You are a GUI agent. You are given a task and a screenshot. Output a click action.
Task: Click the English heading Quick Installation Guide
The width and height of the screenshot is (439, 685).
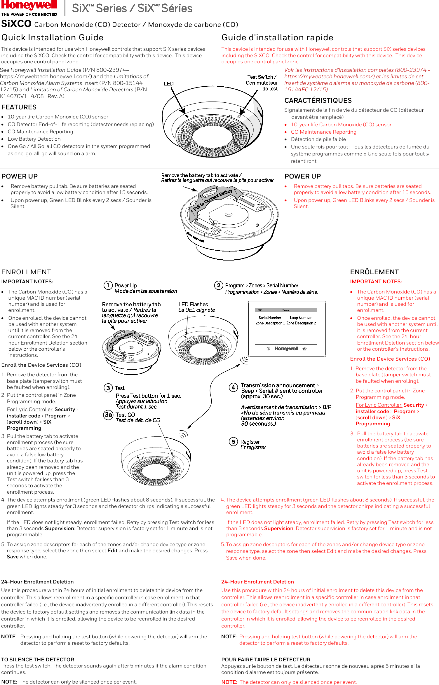pyautogui.click(x=53, y=38)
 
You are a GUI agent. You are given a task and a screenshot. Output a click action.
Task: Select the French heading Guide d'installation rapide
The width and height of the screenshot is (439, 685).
pyautogui.click(x=277, y=38)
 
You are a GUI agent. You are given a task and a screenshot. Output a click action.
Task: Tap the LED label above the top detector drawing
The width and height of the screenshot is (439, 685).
pyautogui.click(x=169, y=84)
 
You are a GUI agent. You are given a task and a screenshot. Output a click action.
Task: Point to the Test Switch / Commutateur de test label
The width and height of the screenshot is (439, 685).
pyautogui.click(x=262, y=83)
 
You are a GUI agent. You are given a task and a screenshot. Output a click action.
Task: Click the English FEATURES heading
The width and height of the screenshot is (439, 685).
pyautogui.click(x=19, y=107)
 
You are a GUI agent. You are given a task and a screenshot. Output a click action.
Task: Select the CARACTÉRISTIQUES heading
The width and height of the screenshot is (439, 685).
pyautogui.click(x=318, y=100)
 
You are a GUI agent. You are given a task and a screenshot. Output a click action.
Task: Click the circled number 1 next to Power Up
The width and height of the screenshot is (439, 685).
pyautogui.click(x=108, y=285)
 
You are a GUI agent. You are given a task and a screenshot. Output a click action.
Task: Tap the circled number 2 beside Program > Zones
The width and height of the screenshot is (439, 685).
pyautogui.click(x=219, y=285)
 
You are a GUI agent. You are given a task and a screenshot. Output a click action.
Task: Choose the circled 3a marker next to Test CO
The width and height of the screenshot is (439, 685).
pyautogui.click(x=109, y=415)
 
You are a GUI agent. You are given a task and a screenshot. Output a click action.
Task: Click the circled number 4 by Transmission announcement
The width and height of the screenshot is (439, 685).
pyautogui.click(x=233, y=387)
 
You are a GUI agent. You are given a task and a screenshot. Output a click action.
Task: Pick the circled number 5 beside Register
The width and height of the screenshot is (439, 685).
pyautogui.click(x=233, y=442)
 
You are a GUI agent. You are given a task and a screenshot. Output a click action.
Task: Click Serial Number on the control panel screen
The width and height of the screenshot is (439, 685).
pyautogui.click(x=270, y=318)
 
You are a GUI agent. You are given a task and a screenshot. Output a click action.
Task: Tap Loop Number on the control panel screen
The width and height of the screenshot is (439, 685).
pyautogui.click(x=301, y=318)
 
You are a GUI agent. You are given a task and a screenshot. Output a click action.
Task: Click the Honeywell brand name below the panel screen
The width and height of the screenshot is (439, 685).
pyautogui.click(x=286, y=349)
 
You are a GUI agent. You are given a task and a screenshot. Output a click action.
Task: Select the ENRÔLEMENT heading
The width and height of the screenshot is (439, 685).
pyautogui.click(x=374, y=272)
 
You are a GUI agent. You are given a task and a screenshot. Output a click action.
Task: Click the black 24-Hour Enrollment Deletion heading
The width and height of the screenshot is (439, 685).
pyautogui.click(x=37, y=582)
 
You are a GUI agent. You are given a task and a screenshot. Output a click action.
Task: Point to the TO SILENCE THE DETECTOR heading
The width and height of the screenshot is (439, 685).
pyautogui.click(x=38, y=660)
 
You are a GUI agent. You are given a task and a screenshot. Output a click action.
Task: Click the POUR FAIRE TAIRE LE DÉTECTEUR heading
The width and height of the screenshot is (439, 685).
pyautogui.click(x=266, y=660)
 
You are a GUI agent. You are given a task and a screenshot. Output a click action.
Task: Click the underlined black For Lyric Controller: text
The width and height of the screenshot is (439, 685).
pyautogui.click(x=30, y=409)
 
